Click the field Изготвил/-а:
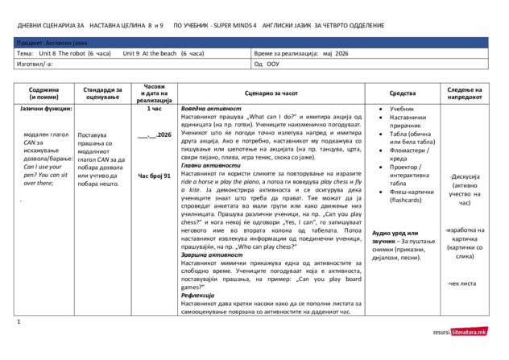(x=35, y=63)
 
